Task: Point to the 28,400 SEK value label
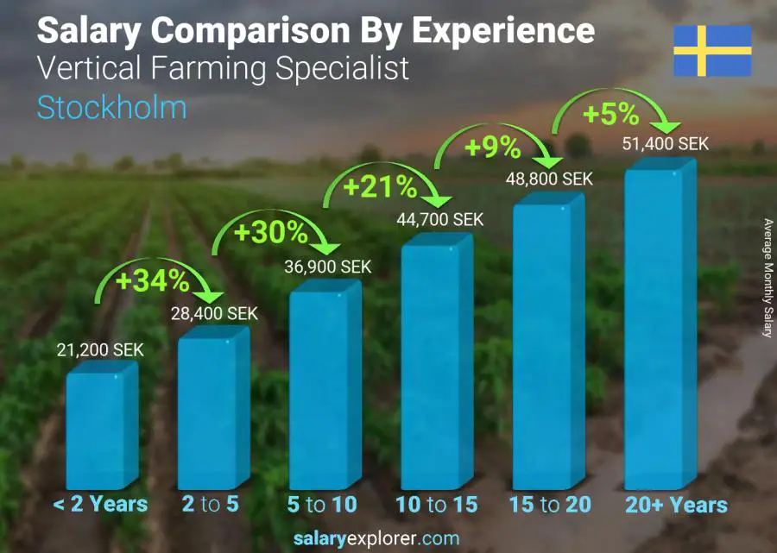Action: point(213,314)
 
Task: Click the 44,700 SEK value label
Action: point(440,221)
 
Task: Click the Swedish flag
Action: point(712,51)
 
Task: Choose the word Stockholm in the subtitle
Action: point(111,108)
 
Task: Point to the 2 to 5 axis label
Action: point(210,505)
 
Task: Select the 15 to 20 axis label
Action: point(549,505)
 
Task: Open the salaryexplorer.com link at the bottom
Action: point(388,539)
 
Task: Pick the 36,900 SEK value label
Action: point(328,267)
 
